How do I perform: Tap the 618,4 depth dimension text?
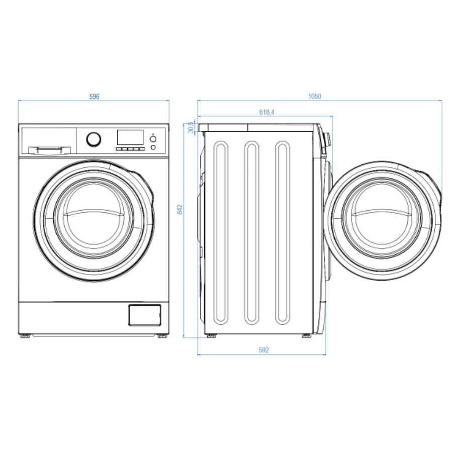tap(266, 112)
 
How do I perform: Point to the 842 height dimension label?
tap(179, 209)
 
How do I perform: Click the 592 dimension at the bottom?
tap(263, 350)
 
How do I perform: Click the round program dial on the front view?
tap(94, 139)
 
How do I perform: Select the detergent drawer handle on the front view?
tap(49, 149)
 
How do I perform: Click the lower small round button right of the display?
tap(153, 147)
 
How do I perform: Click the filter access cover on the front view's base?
tap(144, 315)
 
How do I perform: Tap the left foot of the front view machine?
tap(25, 335)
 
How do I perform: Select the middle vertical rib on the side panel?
tap(252, 232)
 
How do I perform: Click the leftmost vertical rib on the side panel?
tap(221, 232)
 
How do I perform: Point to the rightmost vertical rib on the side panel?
tap(283, 232)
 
